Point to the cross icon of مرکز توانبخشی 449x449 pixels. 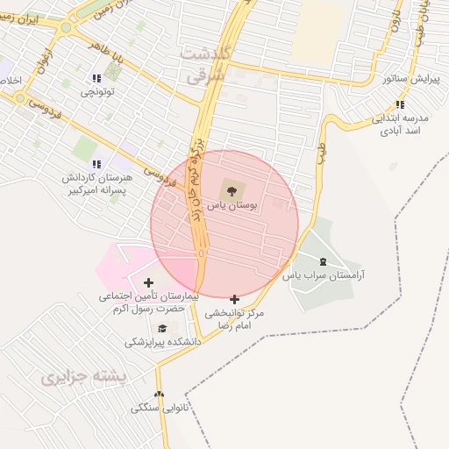[234, 299]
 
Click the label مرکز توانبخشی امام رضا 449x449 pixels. [234, 318]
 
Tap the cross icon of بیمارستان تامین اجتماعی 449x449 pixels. [146, 282]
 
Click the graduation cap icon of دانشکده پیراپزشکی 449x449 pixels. [161, 328]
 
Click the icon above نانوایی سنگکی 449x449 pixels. [159, 395]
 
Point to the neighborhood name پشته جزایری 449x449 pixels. [84, 377]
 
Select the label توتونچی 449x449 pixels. [99, 91]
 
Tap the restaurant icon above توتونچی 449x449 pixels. [96, 79]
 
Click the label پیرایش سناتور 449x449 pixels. [409, 79]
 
